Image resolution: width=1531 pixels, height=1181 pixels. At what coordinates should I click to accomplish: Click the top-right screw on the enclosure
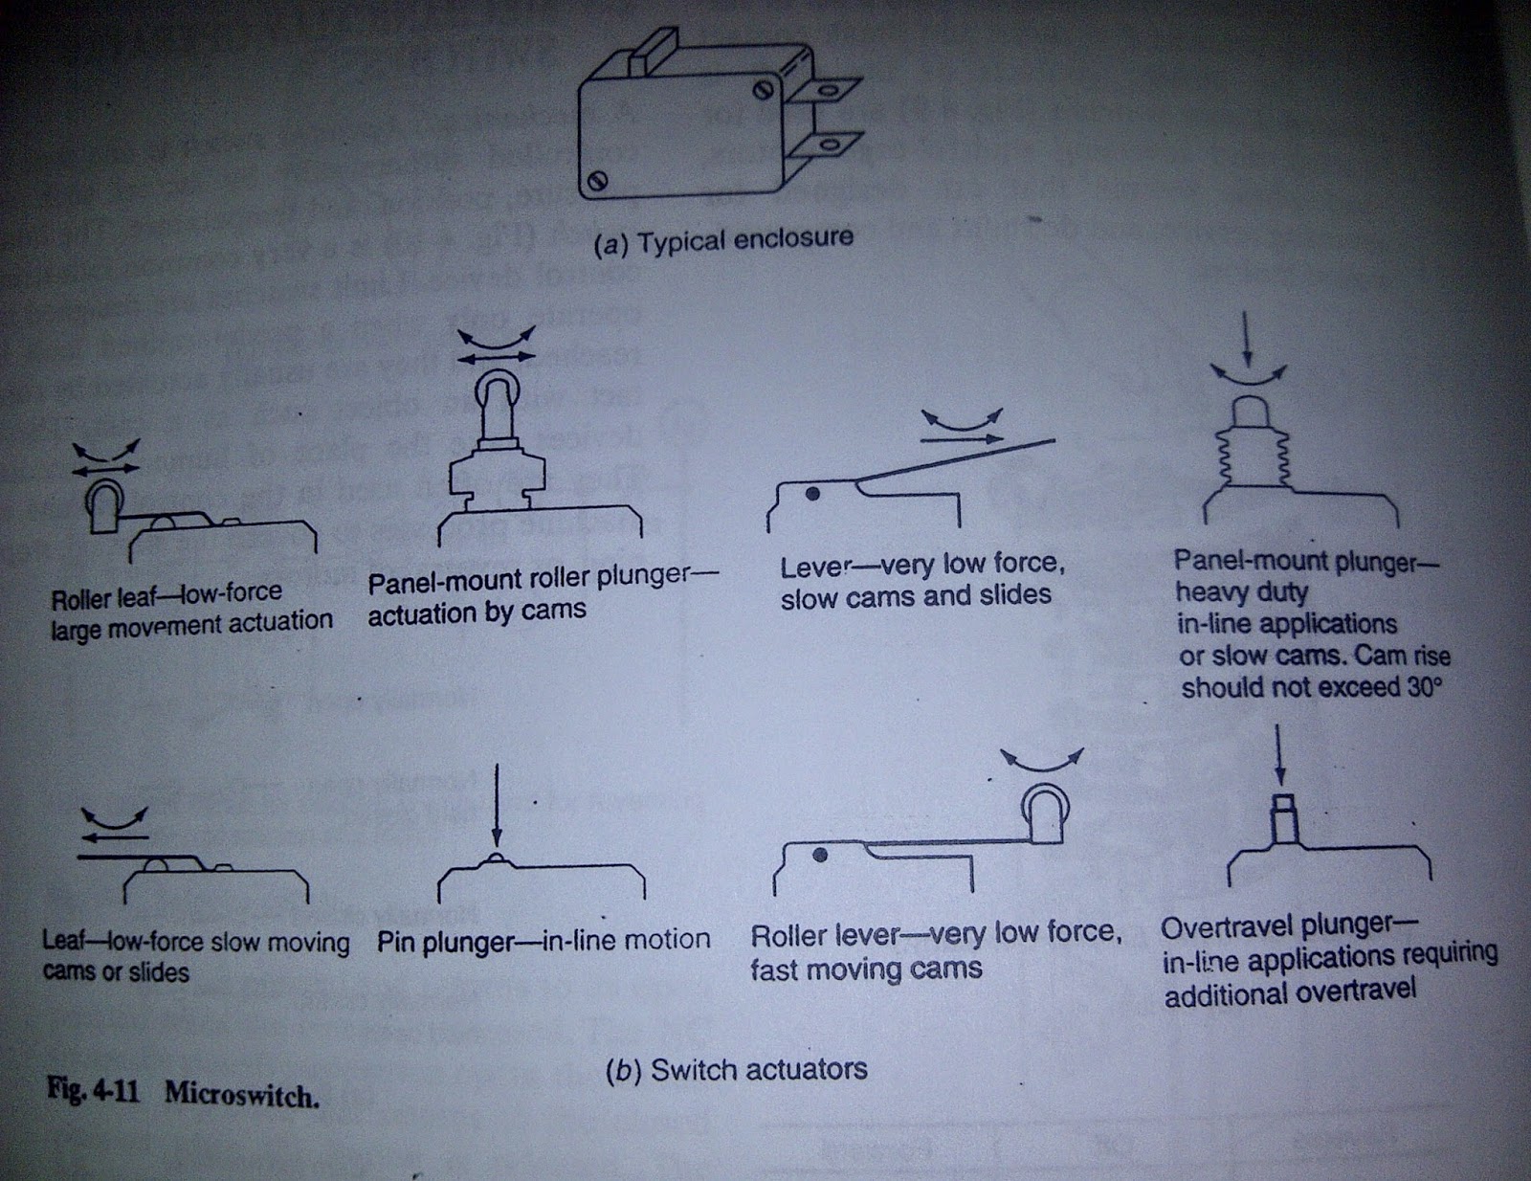(x=763, y=90)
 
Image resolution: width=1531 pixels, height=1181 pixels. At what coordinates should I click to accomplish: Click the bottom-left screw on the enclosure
(x=597, y=181)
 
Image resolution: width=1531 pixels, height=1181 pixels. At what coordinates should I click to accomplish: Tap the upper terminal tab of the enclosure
(x=824, y=91)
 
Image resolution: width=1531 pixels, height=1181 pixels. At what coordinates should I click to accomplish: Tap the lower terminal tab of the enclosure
(x=824, y=145)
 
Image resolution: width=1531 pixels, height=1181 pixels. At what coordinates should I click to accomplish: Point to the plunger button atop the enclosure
(x=652, y=51)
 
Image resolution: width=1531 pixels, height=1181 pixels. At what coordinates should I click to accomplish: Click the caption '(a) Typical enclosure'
(x=722, y=242)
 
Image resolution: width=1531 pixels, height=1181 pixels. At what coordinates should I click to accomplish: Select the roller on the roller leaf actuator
(x=103, y=505)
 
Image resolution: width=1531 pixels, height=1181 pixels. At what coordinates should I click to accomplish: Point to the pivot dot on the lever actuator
(x=812, y=494)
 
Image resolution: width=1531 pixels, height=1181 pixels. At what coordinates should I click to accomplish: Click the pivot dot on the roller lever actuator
(x=819, y=856)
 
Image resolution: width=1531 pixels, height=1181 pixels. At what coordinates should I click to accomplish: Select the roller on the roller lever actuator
(x=1045, y=813)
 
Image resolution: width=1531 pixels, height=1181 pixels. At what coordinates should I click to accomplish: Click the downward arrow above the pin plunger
(x=497, y=806)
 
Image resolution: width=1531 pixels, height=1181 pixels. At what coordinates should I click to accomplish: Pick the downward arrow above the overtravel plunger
(x=1280, y=754)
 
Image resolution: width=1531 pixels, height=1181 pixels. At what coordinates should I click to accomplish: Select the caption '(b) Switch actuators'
(x=736, y=1070)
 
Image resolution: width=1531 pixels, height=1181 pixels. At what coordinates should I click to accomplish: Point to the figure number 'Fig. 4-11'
(x=93, y=1091)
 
